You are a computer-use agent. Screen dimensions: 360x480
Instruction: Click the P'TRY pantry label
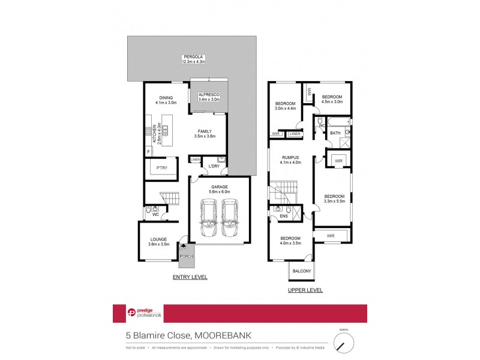pos(161,168)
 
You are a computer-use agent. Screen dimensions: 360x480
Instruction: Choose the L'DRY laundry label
pos(214,166)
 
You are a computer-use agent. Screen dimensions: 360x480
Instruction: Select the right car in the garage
pos(230,218)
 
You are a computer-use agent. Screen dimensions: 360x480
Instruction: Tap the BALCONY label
pos(302,272)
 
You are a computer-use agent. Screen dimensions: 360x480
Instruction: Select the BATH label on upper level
pos(335,133)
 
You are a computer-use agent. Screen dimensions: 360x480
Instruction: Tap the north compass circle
pos(344,343)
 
